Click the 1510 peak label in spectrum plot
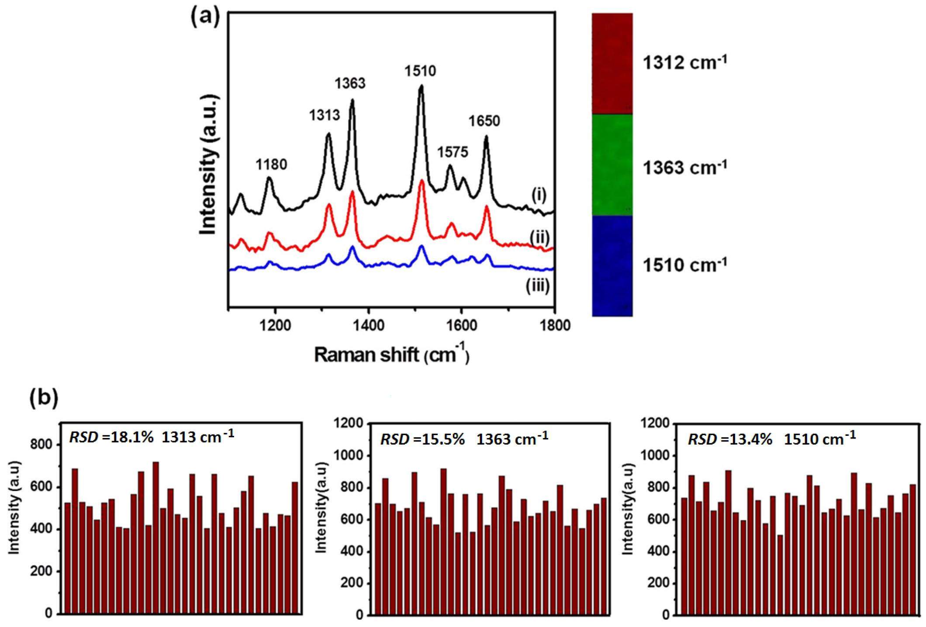tap(420, 71)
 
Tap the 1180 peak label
tap(271, 164)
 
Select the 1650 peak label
tap(484, 121)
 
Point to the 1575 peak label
tap(453, 152)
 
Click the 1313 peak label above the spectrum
tap(324, 115)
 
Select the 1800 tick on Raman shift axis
tap(555, 325)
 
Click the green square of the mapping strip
tap(612, 165)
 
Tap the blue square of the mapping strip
tap(612, 265)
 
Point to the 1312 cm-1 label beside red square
tap(684, 63)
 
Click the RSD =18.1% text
tap(111, 437)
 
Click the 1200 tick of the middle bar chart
tap(348, 424)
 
